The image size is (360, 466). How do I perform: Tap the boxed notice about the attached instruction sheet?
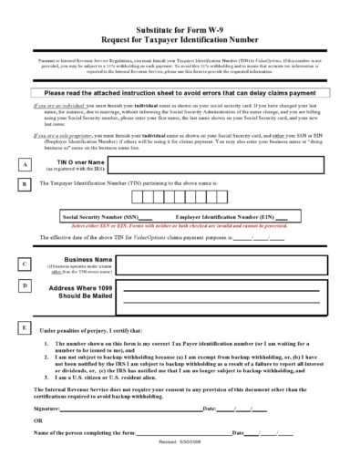pyautogui.click(x=180, y=93)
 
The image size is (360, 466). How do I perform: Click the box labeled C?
pyautogui.click(x=26, y=264)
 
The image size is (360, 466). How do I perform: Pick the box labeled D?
pyautogui.click(x=26, y=285)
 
